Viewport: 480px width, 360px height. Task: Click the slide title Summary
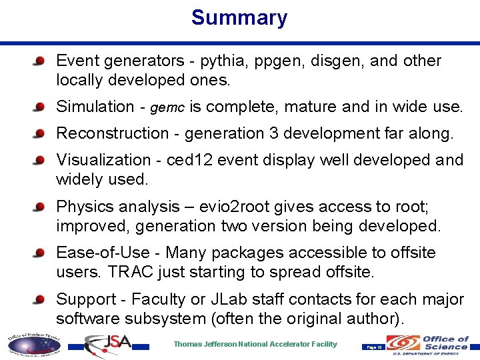pyautogui.click(x=239, y=17)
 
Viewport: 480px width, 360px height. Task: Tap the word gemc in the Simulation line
pyautogui.click(x=168, y=107)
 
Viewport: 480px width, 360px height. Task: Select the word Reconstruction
pyautogui.click(x=113, y=133)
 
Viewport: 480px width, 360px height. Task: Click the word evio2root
pyautogui.click(x=249, y=207)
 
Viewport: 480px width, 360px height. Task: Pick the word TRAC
pyautogui.click(x=127, y=271)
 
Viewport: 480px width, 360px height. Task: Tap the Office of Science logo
pyautogui.click(x=429, y=344)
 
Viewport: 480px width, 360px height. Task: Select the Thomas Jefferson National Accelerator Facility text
pyautogui.click(x=255, y=345)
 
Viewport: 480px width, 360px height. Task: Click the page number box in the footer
pyautogui.click(x=373, y=347)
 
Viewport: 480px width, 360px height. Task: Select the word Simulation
pyautogui.click(x=95, y=107)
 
